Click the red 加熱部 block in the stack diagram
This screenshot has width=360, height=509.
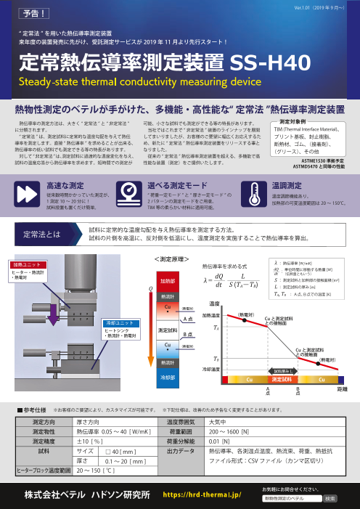tap(168, 259)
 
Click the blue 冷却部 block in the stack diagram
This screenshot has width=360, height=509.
tap(168, 377)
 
